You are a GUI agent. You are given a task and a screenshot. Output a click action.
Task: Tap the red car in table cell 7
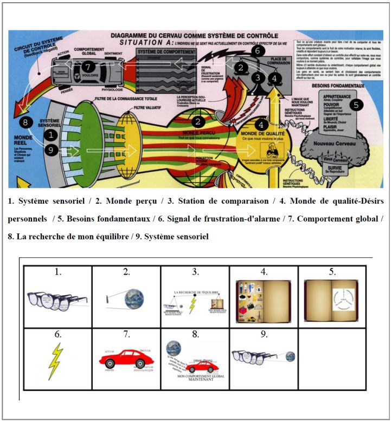coord(126,357)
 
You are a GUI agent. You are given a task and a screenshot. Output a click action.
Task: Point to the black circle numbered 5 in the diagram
coord(355,105)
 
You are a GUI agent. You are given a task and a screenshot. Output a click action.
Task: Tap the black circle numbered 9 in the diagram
coord(50,151)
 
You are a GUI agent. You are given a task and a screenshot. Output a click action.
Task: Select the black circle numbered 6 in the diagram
coord(259,51)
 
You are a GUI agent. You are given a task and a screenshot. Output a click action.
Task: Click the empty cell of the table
coord(332,357)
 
